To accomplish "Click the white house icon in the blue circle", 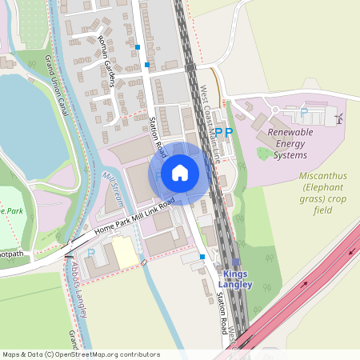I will tap(179, 172).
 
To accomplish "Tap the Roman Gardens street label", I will tap(106, 62).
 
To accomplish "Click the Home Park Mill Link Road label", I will tap(134, 217).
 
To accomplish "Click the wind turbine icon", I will tap(338, 118).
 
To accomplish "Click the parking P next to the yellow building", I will tap(90, 253).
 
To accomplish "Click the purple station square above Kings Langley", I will tap(236, 262).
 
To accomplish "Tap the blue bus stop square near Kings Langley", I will tap(202, 257).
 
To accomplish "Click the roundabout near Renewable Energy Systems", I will tap(276, 110).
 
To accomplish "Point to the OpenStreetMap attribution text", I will tap(81, 354).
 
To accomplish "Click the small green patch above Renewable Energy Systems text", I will tap(262, 153).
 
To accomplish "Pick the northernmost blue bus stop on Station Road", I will tap(138, 47).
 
